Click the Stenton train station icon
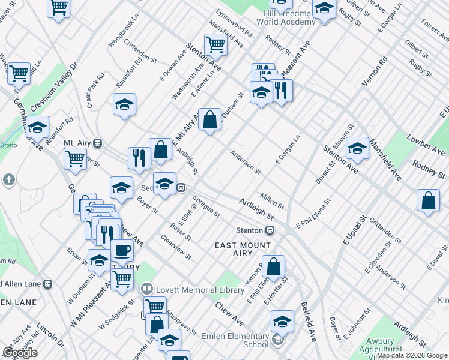tap(270, 230)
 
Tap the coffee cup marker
tap(122, 250)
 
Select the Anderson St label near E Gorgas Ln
tap(245, 162)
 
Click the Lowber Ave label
tap(426, 145)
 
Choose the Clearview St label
tap(175, 247)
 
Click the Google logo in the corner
tap(19, 353)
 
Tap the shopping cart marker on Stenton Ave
tap(215, 44)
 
